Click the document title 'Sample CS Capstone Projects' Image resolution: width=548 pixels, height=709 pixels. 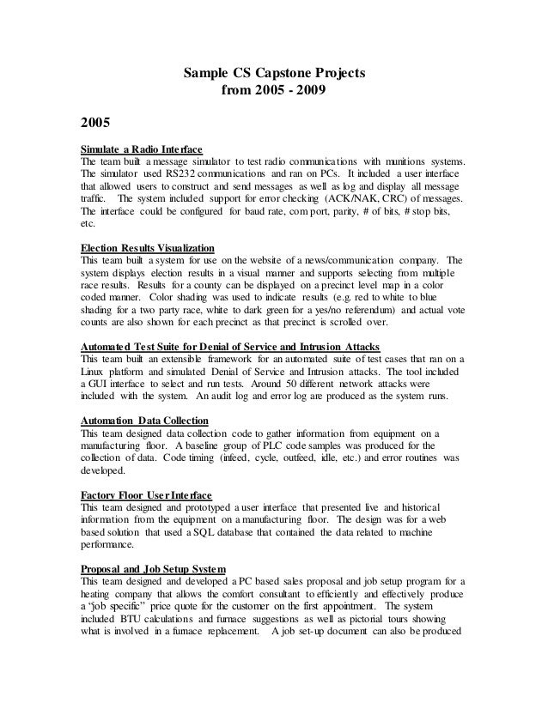[x=275, y=73]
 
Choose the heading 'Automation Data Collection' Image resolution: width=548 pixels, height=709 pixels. [x=143, y=421]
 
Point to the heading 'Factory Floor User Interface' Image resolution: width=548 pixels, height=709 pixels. [x=146, y=496]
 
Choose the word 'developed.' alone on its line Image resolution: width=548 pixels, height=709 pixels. [x=102, y=470]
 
